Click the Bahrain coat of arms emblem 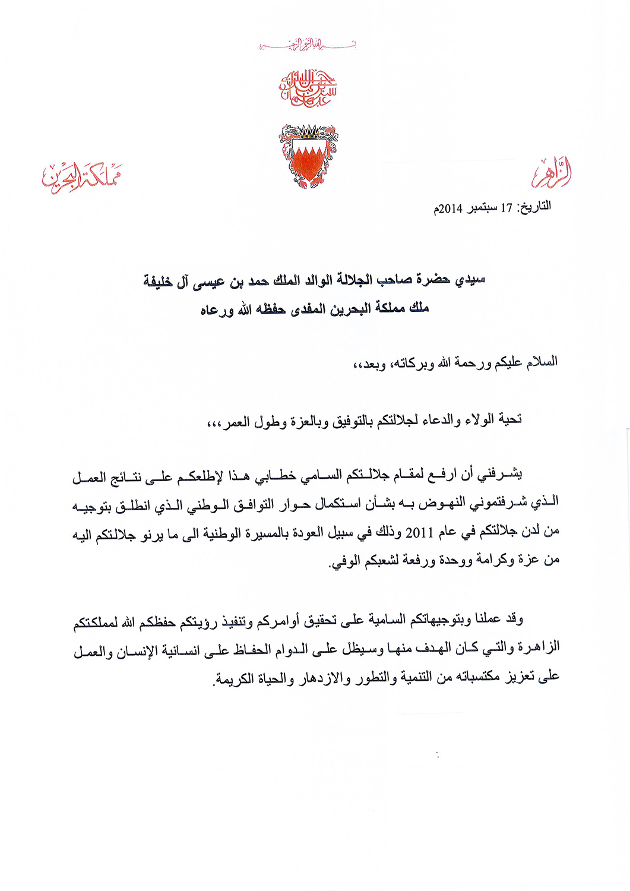pyautogui.click(x=308, y=156)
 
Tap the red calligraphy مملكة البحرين pyautogui.click(x=81, y=176)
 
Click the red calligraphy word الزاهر pyautogui.click(x=552, y=173)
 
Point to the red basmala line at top pyautogui.click(x=308, y=44)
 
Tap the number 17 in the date pyautogui.click(x=506, y=208)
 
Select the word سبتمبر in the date pyautogui.click(x=482, y=208)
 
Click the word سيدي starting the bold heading pyautogui.click(x=470, y=280)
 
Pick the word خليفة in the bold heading pyautogui.click(x=158, y=280)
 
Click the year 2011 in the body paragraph pyautogui.click(x=419, y=532)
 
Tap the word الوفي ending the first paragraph pyautogui.click(x=343, y=561)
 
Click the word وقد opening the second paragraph pyautogui.click(x=514, y=619)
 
